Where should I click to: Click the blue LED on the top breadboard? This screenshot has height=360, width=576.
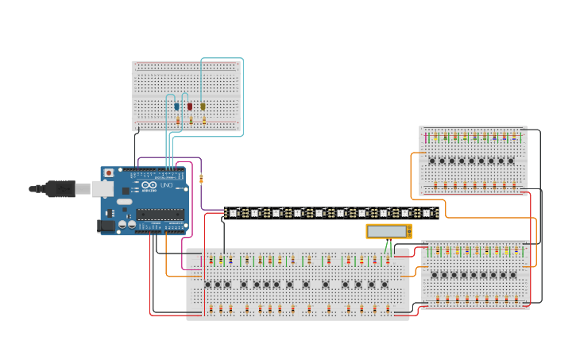[x=177, y=106]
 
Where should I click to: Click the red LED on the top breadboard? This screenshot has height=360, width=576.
[x=190, y=106]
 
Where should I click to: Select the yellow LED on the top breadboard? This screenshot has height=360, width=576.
[x=203, y=106]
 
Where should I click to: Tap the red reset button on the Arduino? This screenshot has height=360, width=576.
[x=109, y=172]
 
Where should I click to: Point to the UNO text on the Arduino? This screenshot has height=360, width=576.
[x=167, y=185]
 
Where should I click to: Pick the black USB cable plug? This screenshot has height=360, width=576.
[x=60, y=188]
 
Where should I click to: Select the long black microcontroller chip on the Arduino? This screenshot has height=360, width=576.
[x=160, y=214]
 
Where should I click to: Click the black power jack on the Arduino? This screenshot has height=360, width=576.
[x=106, y=226]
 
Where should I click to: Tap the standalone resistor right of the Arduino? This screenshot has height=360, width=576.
[x=202, y=178]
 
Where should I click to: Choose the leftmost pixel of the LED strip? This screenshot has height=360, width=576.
[x=233, y=213]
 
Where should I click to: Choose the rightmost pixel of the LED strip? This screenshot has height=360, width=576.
[x=427, y=213]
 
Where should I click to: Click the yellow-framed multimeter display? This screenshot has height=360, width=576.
[x=388, y=231]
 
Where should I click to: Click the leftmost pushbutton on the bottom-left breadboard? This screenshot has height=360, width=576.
[x=208, y=285]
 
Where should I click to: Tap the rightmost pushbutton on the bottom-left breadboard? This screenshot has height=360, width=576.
[x=385, y=285]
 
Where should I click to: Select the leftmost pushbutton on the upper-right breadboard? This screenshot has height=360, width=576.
[x=432, y=161]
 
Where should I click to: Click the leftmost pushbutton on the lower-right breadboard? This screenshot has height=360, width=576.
[x=434, y=276]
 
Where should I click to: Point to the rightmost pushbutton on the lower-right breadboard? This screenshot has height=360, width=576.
[x=512, y=276]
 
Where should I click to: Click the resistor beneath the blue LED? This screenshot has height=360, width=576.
[x=178, y=121]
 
